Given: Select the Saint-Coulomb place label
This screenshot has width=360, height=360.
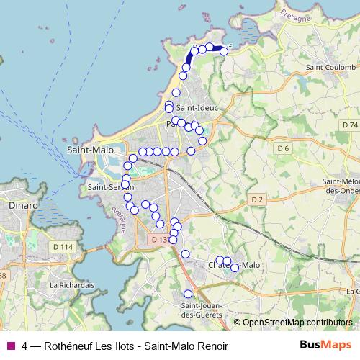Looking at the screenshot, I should [331, 68].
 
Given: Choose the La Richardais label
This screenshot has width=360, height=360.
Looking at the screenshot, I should [72, 285].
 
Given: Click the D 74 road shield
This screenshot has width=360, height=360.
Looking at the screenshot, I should [350, 125].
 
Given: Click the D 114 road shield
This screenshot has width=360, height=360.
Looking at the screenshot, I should [63, 247].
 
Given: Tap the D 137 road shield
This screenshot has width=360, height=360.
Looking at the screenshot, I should [160, 239].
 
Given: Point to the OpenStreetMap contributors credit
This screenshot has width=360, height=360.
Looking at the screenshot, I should [297, 323].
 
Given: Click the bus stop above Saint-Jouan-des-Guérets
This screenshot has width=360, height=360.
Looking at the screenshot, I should [188, 294].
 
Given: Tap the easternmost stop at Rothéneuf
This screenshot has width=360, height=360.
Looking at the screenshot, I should [224, 51].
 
